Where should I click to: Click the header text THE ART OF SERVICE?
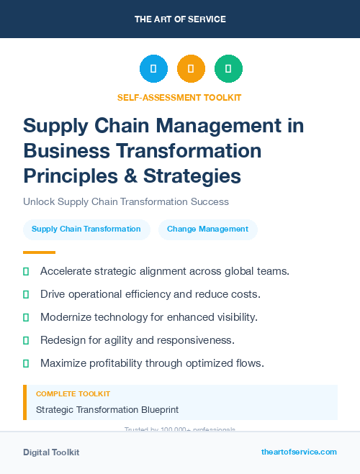pyautogui.click(x=179, y=19)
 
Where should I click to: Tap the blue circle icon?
pyautogui.click(x=153, y=69)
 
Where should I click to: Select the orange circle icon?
pyautogui.click(x=191, y=69)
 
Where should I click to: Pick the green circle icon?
pyautogui.click(x=228, y=69)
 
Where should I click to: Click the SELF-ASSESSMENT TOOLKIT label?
pyautogui.click(x=179, y=97)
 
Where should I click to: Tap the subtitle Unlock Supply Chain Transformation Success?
pyautogui.click(x=125, y=201)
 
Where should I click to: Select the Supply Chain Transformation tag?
pyautogui.click(x=86, y=229)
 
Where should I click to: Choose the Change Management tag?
pyautogui.click(x=207, y=229)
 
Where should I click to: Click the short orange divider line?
pyautogui.click(x=39, y=252)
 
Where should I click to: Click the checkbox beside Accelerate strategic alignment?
pyautogui.click(x=26, y=271)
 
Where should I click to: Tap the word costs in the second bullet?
pyautogui.click(x=246, y=294)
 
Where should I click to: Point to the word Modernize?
pyautogui.click(x=68, y=317)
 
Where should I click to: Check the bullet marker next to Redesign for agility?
pyautogui.click(x=26, y=340)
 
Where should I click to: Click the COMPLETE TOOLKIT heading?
pyautogui.click(x=73, y=393)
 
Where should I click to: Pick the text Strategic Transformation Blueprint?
pyautogui.click(x=107, y=409)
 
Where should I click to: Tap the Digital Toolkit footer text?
pyautogui.click(x=51, y=452)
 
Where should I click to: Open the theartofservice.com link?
pyautogui.click(x=299, y=452)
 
